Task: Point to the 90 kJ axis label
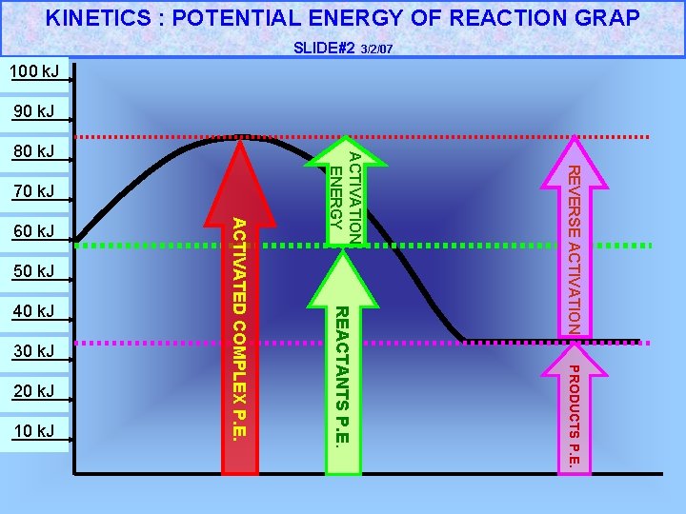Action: coord(33,112)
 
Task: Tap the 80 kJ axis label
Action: coord(33,152)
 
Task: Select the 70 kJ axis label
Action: coord(33,192)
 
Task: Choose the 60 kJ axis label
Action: coord(33,232)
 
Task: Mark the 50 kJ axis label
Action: coord(33,272)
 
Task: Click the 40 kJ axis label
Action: coord(33,311)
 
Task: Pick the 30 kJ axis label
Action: coord(33,352)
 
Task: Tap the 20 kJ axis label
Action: coord(33,391)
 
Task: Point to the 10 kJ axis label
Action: coord(33,432)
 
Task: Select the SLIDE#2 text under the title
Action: coord(323,48)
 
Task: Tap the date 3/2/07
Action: coord(377,49)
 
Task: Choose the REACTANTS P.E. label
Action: coord(343,375)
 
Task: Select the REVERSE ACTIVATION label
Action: coord(575,248)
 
